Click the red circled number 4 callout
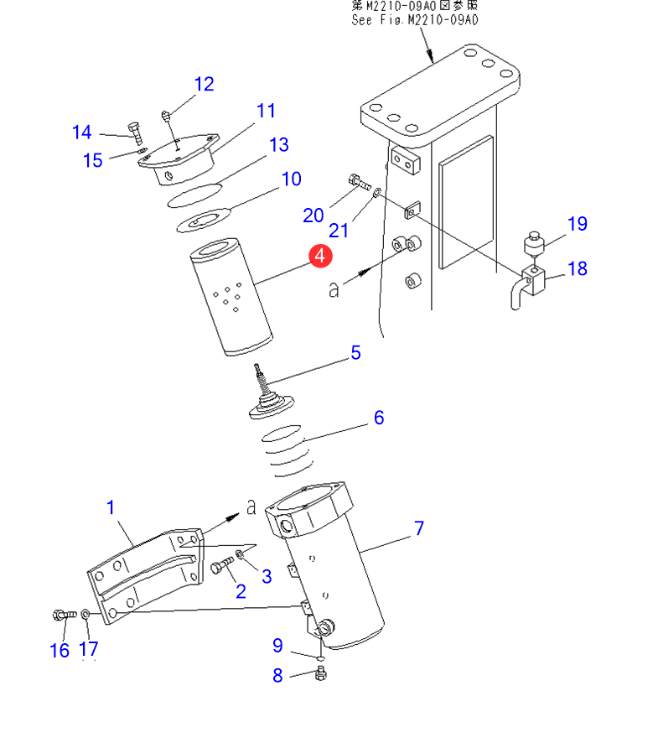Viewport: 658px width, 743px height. click(x=320, y=256)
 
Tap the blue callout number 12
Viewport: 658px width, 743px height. click(x=205, y=85)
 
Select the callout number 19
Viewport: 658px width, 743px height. click(x=578, y=224)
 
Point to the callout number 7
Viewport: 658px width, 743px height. click(x=419, y=527)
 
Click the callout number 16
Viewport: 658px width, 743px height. click(x=60, y=651)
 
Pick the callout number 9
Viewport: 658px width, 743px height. click(x=277, y=646)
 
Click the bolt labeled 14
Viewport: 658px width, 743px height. click(x=135, y=133)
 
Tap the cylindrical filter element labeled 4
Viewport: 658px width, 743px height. click(x=231, y=297)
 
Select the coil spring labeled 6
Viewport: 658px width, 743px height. click(x=287, y=450)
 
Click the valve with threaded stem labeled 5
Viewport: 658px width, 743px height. click(x=270, y=396)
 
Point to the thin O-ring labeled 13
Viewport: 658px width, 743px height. click(x=194, y=195)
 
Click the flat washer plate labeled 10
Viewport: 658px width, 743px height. click(x=203, y=221)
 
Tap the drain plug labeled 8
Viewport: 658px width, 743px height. click(x=321, y=673)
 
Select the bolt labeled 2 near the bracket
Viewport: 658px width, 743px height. click(x=221, y=565)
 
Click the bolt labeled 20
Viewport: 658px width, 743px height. click(x=360, y=181)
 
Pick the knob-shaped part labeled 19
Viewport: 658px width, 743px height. click(x=534, y=243)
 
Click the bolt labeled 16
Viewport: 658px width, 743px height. click(x=65, y=615)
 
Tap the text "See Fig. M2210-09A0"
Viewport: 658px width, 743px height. click(x=415, y=20)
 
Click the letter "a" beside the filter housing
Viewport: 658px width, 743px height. click(x=251, y=507)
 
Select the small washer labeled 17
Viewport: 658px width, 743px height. click(x=85, y=615)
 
